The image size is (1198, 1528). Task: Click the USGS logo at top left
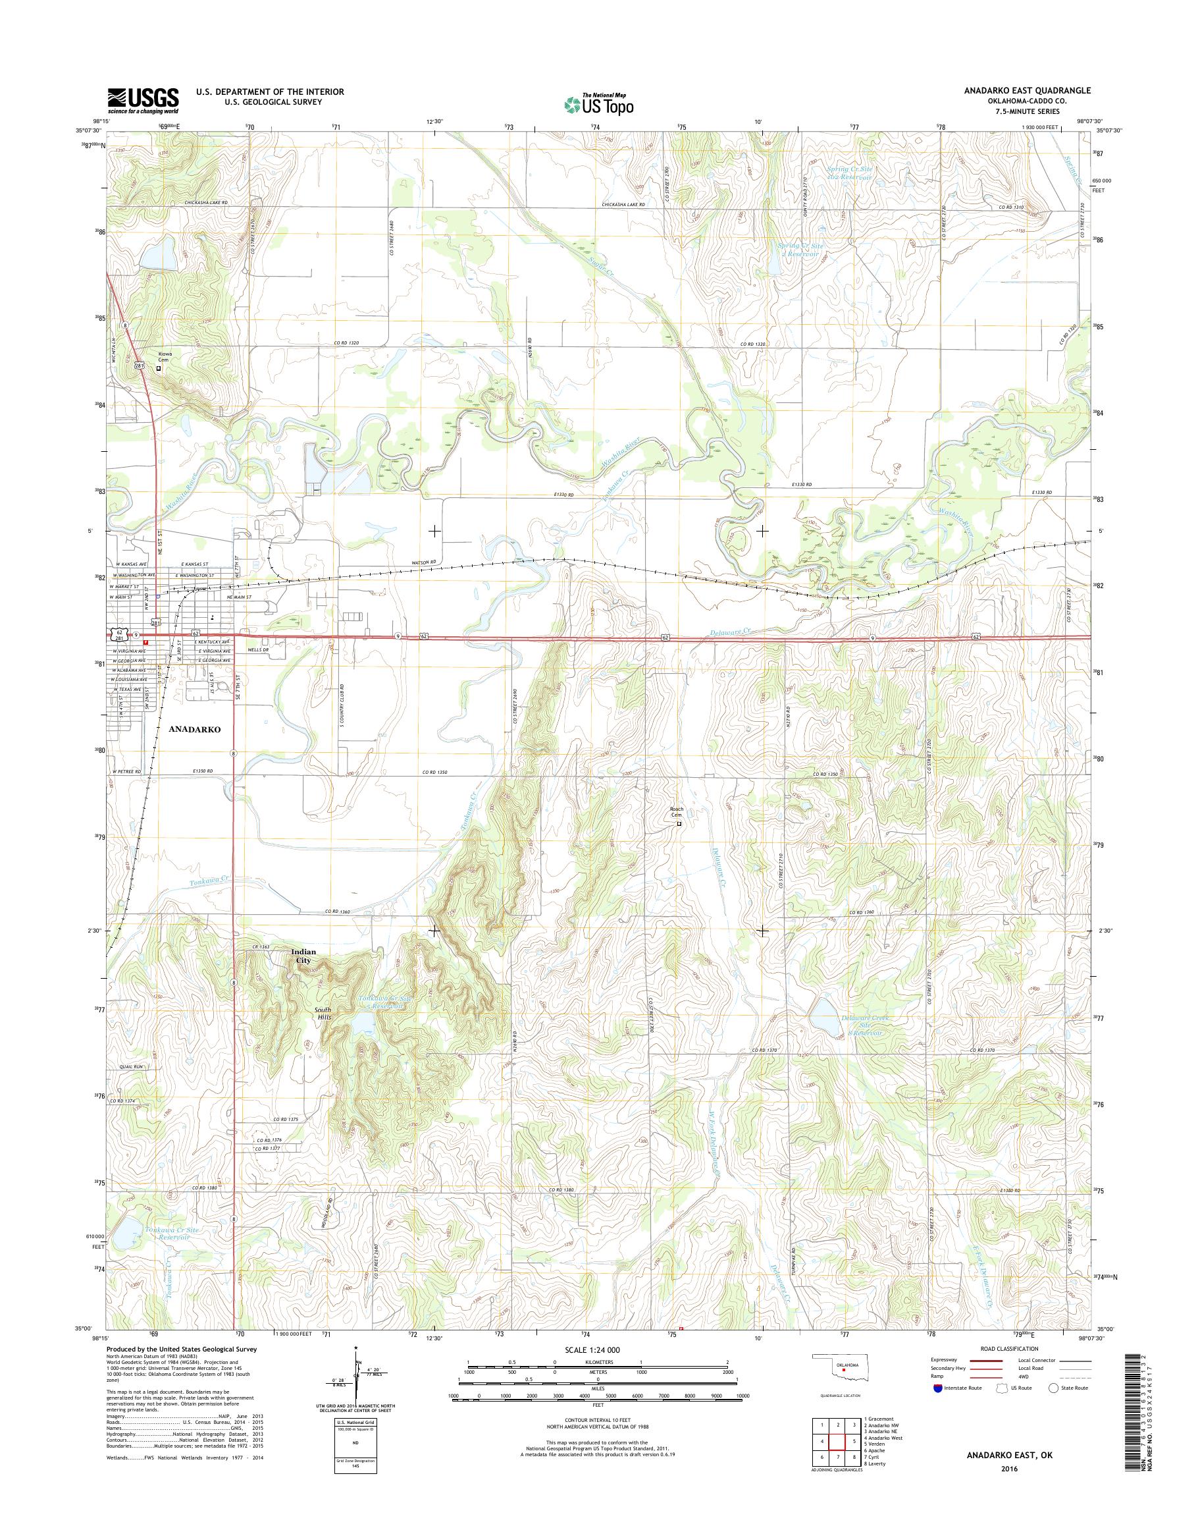(142, 101)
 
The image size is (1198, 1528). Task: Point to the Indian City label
(303, 956)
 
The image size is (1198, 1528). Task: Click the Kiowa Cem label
(165, 357)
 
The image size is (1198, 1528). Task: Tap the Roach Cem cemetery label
(677, 812)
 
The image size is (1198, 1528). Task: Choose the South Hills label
(323, 1014)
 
